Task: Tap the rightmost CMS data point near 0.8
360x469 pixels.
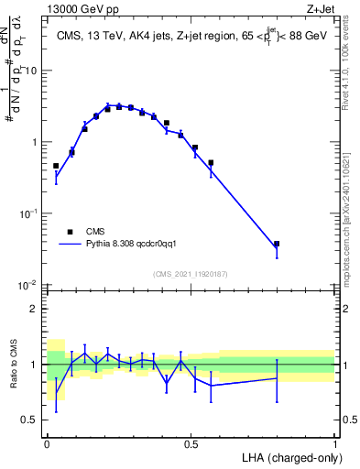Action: [277, 245]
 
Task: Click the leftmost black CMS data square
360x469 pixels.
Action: [56, 166]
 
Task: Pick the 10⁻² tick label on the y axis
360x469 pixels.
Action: [29, 285]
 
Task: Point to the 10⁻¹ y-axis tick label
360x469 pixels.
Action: [29, 213]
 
